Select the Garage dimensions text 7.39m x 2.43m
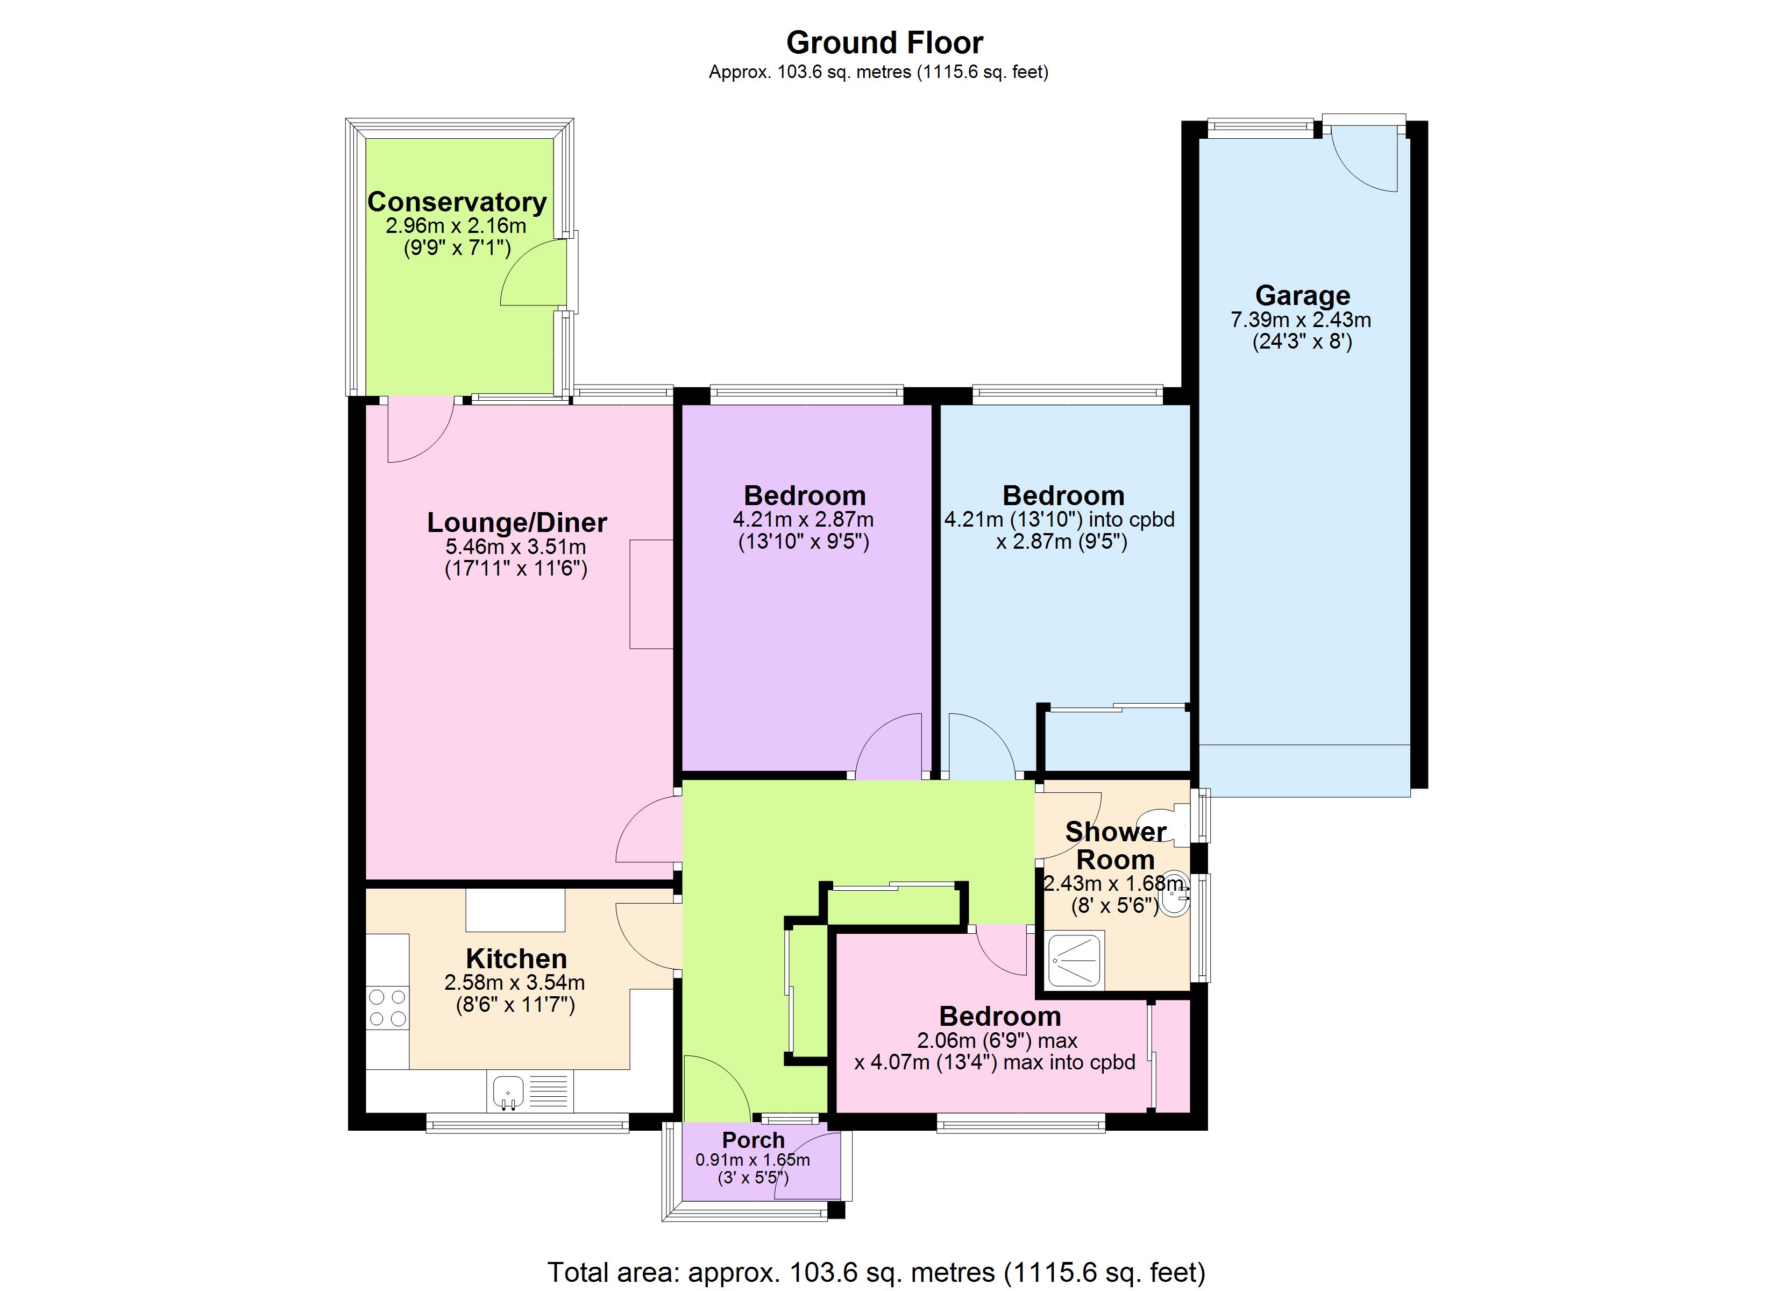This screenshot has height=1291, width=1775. pyautogui.click(x=1301, y=320)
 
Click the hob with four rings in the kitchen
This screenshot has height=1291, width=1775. pyautogui.click(x=387, y=1008)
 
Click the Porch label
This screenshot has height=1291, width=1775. pyautogui.click(x=753, y=1140)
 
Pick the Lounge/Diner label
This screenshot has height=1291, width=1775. pyautogui.click(x=516, y=522)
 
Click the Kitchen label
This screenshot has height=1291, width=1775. pyautogui.click(x=516, y=958)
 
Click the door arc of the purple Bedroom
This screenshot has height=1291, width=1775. pyautogui.click(x=887, y=746)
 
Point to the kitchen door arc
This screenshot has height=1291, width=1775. pyautogui.click(x=647, y=937)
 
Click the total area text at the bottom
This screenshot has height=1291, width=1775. pyautogui.click(x=876, y=1272)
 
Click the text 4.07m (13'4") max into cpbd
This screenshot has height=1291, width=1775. pyautogui.click(x=994, y=1062)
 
